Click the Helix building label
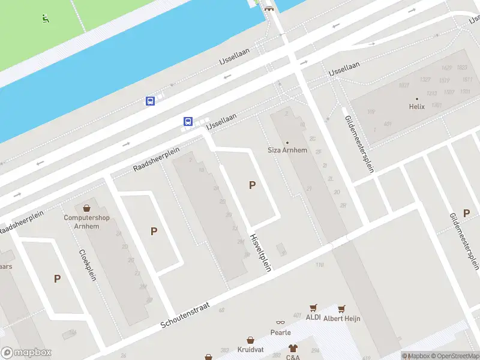point(416,106)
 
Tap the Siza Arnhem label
point(287,150)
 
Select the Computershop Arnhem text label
point(86,221)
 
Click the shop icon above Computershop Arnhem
point(86,208)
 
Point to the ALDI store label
point(313,317)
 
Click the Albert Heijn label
point(341,319)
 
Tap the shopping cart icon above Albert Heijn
point(341,309)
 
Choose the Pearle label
point(280,332)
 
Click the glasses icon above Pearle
point(280,323)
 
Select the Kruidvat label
point(251,349)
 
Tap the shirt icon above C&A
point(293,348)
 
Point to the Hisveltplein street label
point(260,252)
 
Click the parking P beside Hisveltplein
point(252,185)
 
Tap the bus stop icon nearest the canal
point(150,101)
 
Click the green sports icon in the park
point(45,19)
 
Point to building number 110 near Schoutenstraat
point(319,265)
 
